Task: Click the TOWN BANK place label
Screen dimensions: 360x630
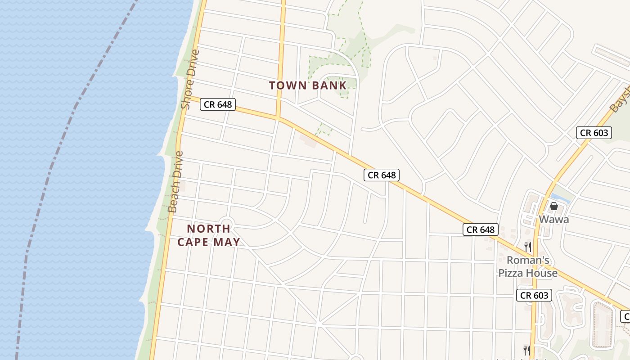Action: point(308,85)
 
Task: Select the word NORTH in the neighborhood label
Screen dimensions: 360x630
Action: point(208,229)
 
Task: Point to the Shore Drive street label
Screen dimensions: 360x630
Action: point(190,79)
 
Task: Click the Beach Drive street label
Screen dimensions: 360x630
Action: point(175,181)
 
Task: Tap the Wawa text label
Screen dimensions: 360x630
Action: point(554,220)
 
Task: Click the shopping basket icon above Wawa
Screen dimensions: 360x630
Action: point(554,206)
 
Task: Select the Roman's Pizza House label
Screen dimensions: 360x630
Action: point(528,266)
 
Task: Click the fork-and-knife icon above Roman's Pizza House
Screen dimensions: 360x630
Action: point(528,247)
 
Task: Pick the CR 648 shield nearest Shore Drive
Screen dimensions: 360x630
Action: point(218,104)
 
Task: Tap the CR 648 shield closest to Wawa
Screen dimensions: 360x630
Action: point(481,229)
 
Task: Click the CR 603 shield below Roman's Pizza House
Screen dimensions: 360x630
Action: point(535,295)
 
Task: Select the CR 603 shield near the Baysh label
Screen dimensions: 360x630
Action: point(594,132)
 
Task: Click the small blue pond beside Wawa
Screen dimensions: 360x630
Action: point(561,198)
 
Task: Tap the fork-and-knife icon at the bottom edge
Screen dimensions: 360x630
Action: point(526,350)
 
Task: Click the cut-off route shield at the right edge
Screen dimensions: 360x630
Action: point(625,316)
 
